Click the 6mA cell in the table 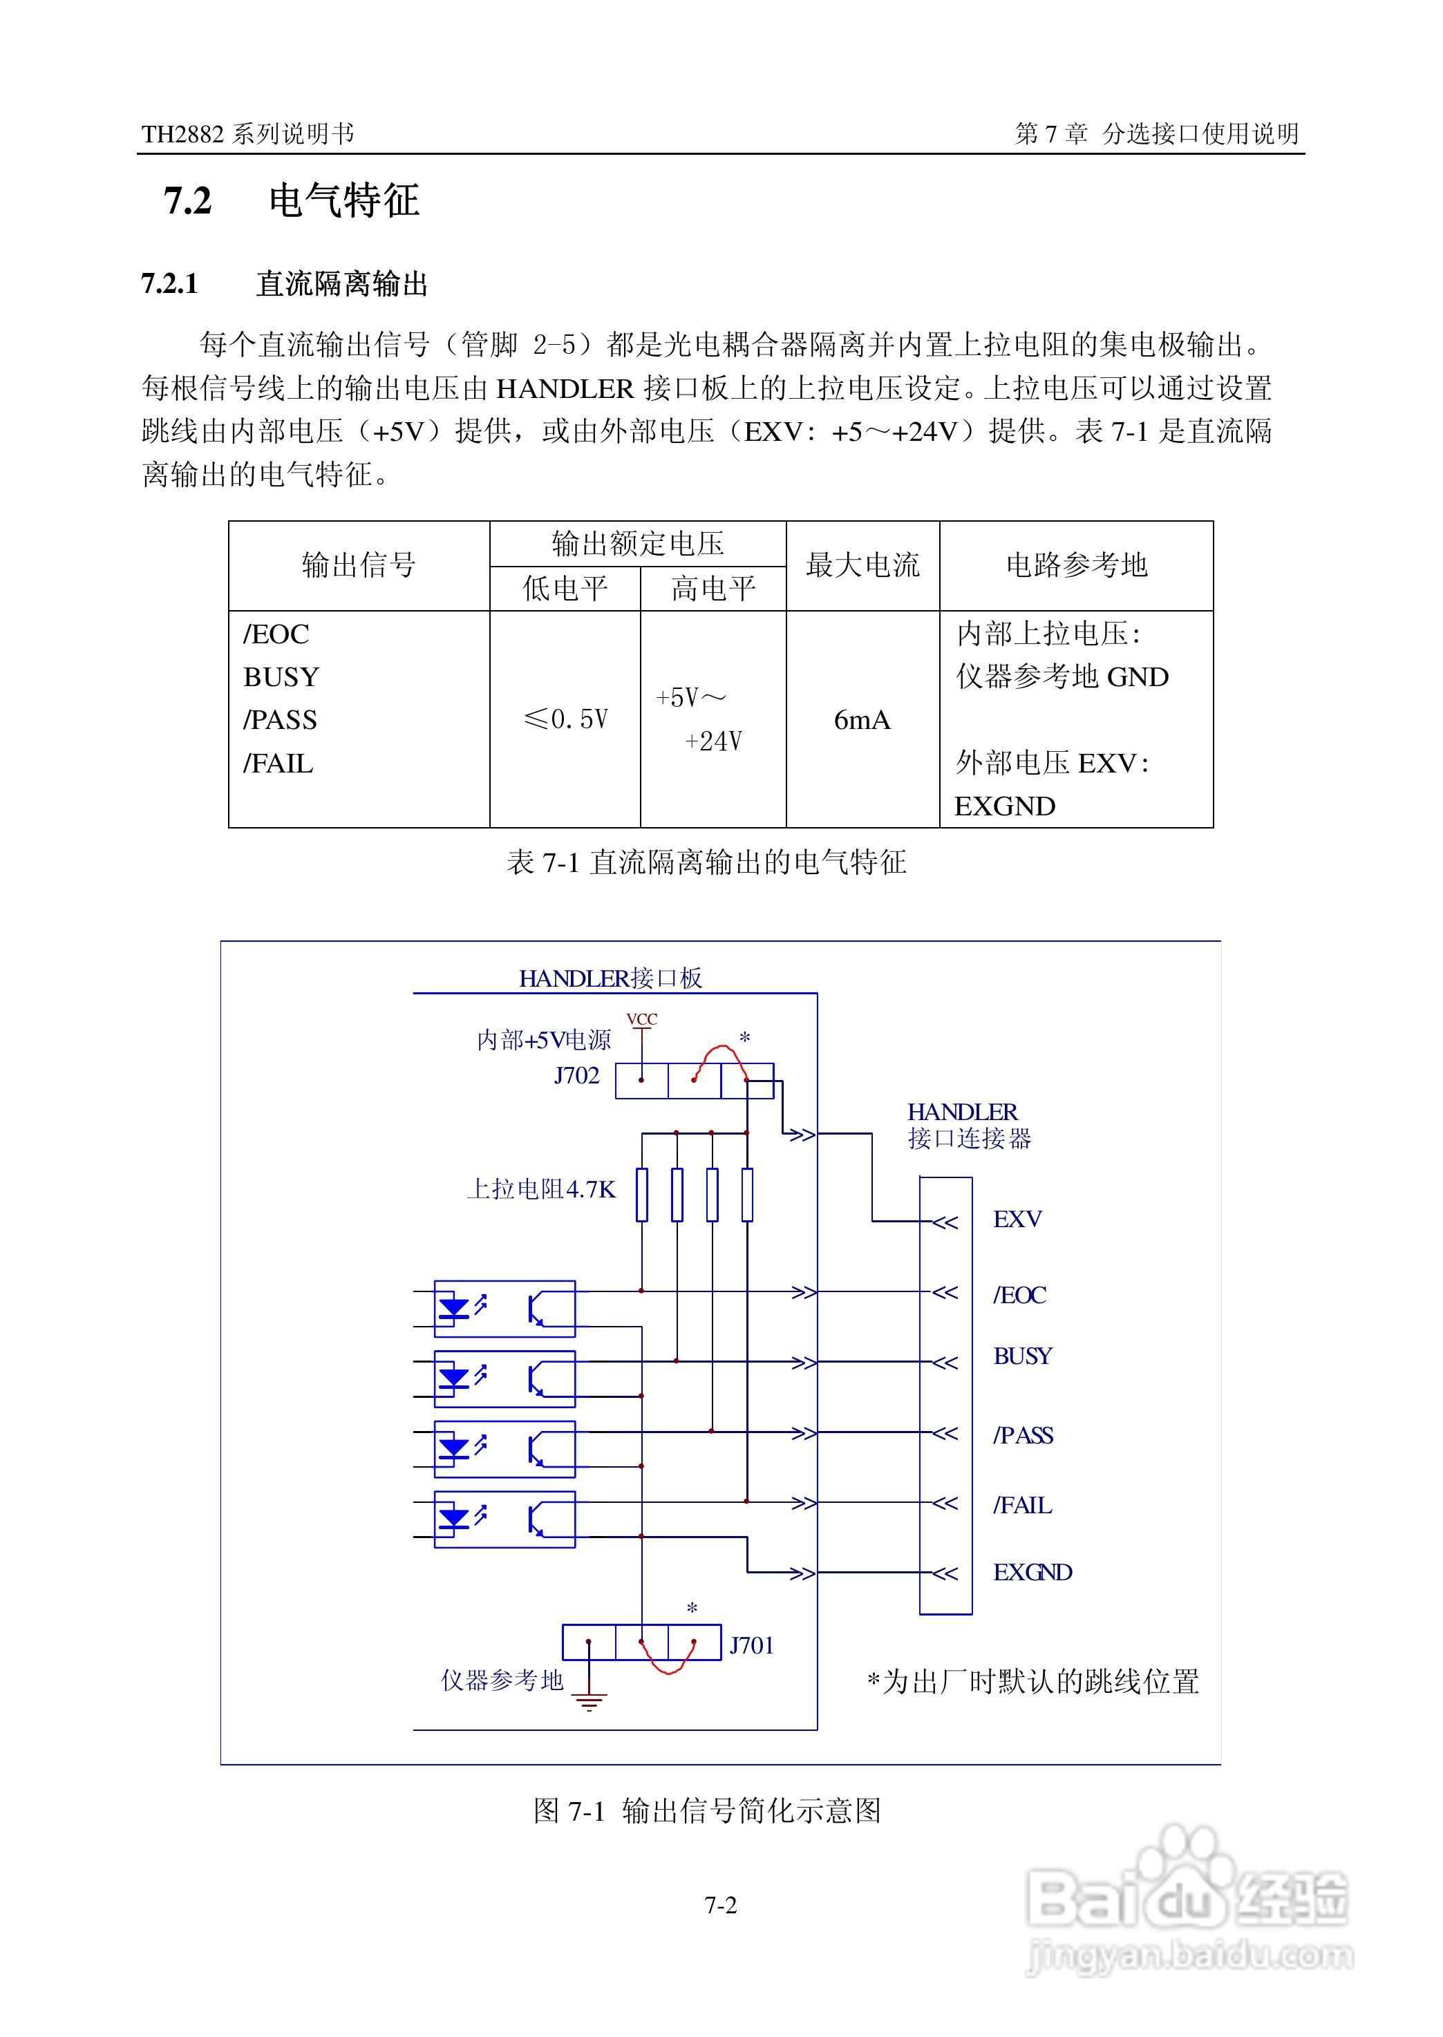point(861,719)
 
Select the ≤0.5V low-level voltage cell point(566,719)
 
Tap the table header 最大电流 point(862,565)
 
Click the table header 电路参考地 point(1076,565)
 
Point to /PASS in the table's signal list point(280,719)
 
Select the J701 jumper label point(751,1646)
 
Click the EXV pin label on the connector point(1017,1219)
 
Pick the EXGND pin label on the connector point(1032,1573)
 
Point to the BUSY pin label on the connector point(1023,1356)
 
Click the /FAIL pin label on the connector point(1023,1505)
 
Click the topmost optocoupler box point(504,1309)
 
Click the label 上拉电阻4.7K point(541,1189)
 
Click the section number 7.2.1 point(170,284)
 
